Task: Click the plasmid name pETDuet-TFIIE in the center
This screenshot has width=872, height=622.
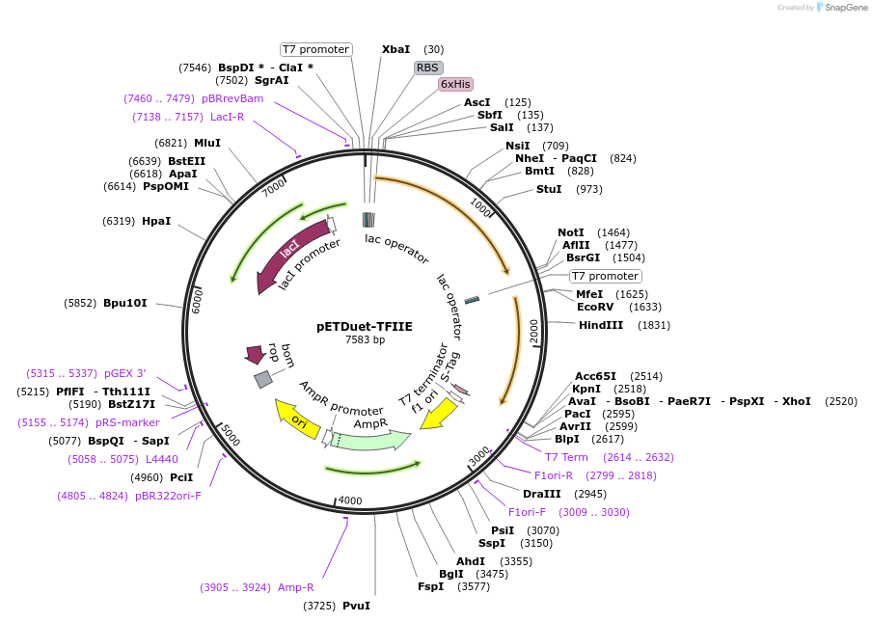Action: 365,326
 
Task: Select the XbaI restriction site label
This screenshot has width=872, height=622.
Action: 395,49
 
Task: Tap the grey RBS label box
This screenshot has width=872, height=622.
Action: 428,68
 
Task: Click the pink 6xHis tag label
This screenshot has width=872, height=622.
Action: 454,84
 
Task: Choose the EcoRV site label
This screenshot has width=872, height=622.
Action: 595,307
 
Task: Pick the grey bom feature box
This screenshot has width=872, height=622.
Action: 263,379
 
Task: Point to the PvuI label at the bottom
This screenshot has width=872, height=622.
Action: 356,606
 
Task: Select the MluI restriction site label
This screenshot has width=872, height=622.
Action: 207,143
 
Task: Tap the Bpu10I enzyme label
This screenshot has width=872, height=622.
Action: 125,303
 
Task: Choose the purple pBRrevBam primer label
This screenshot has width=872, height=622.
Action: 232,98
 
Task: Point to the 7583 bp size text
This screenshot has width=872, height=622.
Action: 365,339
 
